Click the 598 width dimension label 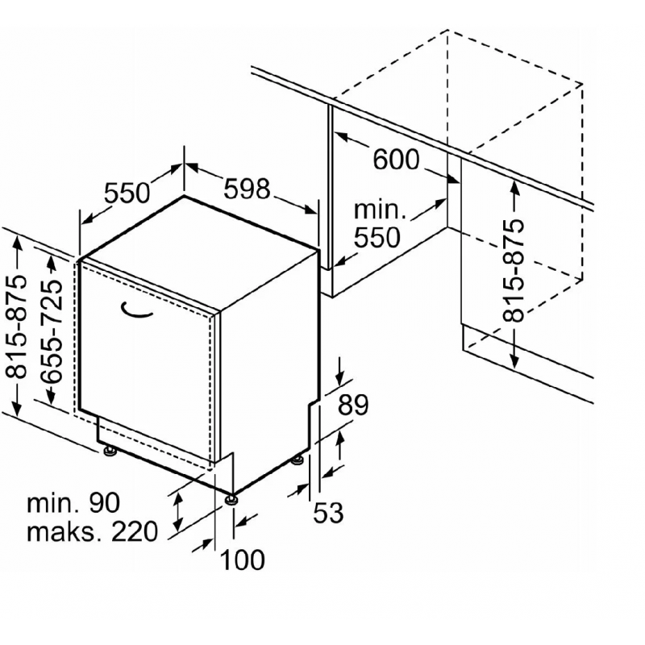[247, 189]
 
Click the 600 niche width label [396, 159]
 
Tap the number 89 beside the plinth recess [353, 405]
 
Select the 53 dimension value [328, 513]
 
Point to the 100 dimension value [243, 560]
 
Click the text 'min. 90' [73, 502]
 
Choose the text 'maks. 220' [92, 531]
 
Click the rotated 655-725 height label [52, 331]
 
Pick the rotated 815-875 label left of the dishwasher [16, 327]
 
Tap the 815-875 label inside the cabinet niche [514, 270]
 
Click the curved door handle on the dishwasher [136, 311]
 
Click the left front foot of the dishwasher [110, 451]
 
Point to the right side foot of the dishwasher [298, 460]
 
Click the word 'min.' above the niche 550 [380, 210]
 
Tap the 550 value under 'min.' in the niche [377, 238]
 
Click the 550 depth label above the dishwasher [127, 193]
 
